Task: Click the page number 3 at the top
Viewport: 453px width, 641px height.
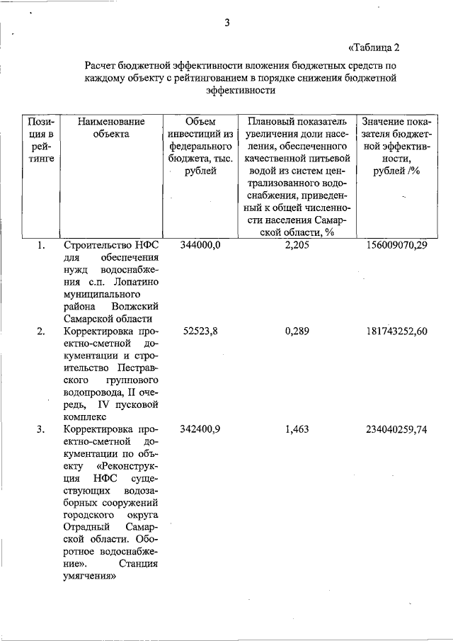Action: click(x=227, y=23)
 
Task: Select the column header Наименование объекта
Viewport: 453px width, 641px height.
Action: click(x=111, y=127)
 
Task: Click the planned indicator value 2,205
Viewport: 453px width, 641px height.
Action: click(x=297, y=246)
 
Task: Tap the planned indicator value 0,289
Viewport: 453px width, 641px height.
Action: click(x=297, y=331)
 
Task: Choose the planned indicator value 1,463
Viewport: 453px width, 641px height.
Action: click(x=297, y=429)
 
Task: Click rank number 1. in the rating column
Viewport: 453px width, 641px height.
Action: click(x=42, y=246)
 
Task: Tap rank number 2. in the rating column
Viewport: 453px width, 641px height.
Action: click(x=42, y=331)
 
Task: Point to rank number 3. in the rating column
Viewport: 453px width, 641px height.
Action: click(x=42, y=429)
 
